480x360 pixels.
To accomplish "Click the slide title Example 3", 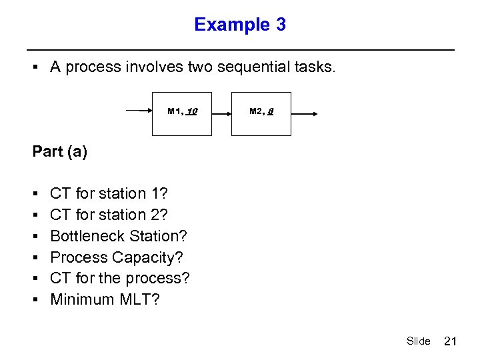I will pyautogui.click(x=240, y=25).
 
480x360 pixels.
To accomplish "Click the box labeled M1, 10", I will pyautogui.click(x=182, y=113).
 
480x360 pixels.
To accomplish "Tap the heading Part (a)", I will pyautogui.click(x=60, y=151).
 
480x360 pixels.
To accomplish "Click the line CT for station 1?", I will pyautogui.click(x=109, y=193).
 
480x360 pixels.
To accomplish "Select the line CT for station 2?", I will pyautogui.click(x=109, y=215).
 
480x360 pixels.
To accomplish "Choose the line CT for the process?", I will pyautogui.click(x=120, y=278).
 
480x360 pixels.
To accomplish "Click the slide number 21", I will pyautogui.click(x=450, y=341).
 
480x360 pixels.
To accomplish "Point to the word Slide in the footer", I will pyautogui.click(x=418, y=341).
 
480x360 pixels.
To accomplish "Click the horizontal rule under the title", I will pyautogui.click(x=240, y=50).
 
